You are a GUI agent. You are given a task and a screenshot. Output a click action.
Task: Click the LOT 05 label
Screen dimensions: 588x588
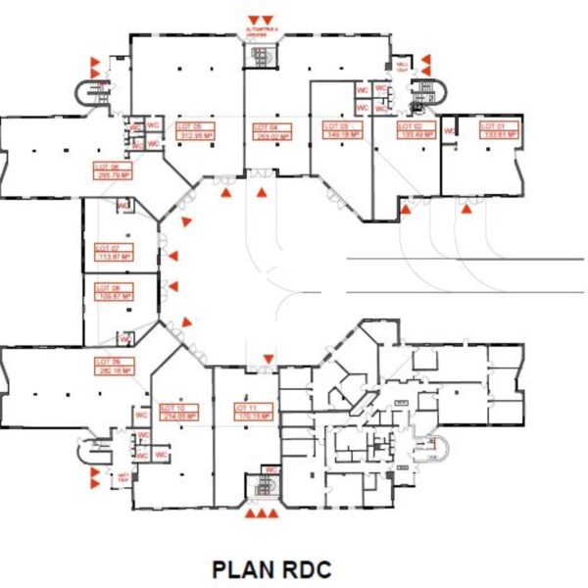click(189, 127)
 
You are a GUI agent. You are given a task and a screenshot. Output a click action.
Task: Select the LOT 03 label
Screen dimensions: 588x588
click(336, 126)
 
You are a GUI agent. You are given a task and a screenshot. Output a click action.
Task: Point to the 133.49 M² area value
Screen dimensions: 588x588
click(416, 136)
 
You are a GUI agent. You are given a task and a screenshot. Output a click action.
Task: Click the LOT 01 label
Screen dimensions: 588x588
click(491, 126)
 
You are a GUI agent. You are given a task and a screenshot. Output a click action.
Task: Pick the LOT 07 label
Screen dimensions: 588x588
click(107, 249)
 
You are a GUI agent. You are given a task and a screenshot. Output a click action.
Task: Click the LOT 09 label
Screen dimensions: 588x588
click(106, 362)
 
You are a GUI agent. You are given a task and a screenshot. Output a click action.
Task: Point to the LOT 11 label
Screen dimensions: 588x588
click(245, 407)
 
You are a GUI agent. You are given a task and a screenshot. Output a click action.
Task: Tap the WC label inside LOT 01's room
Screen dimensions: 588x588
click(450, 130)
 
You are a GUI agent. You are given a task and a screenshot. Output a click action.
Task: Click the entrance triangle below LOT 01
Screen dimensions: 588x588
click(468, 208)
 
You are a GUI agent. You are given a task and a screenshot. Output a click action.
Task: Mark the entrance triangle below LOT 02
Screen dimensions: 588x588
click(406, 208)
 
